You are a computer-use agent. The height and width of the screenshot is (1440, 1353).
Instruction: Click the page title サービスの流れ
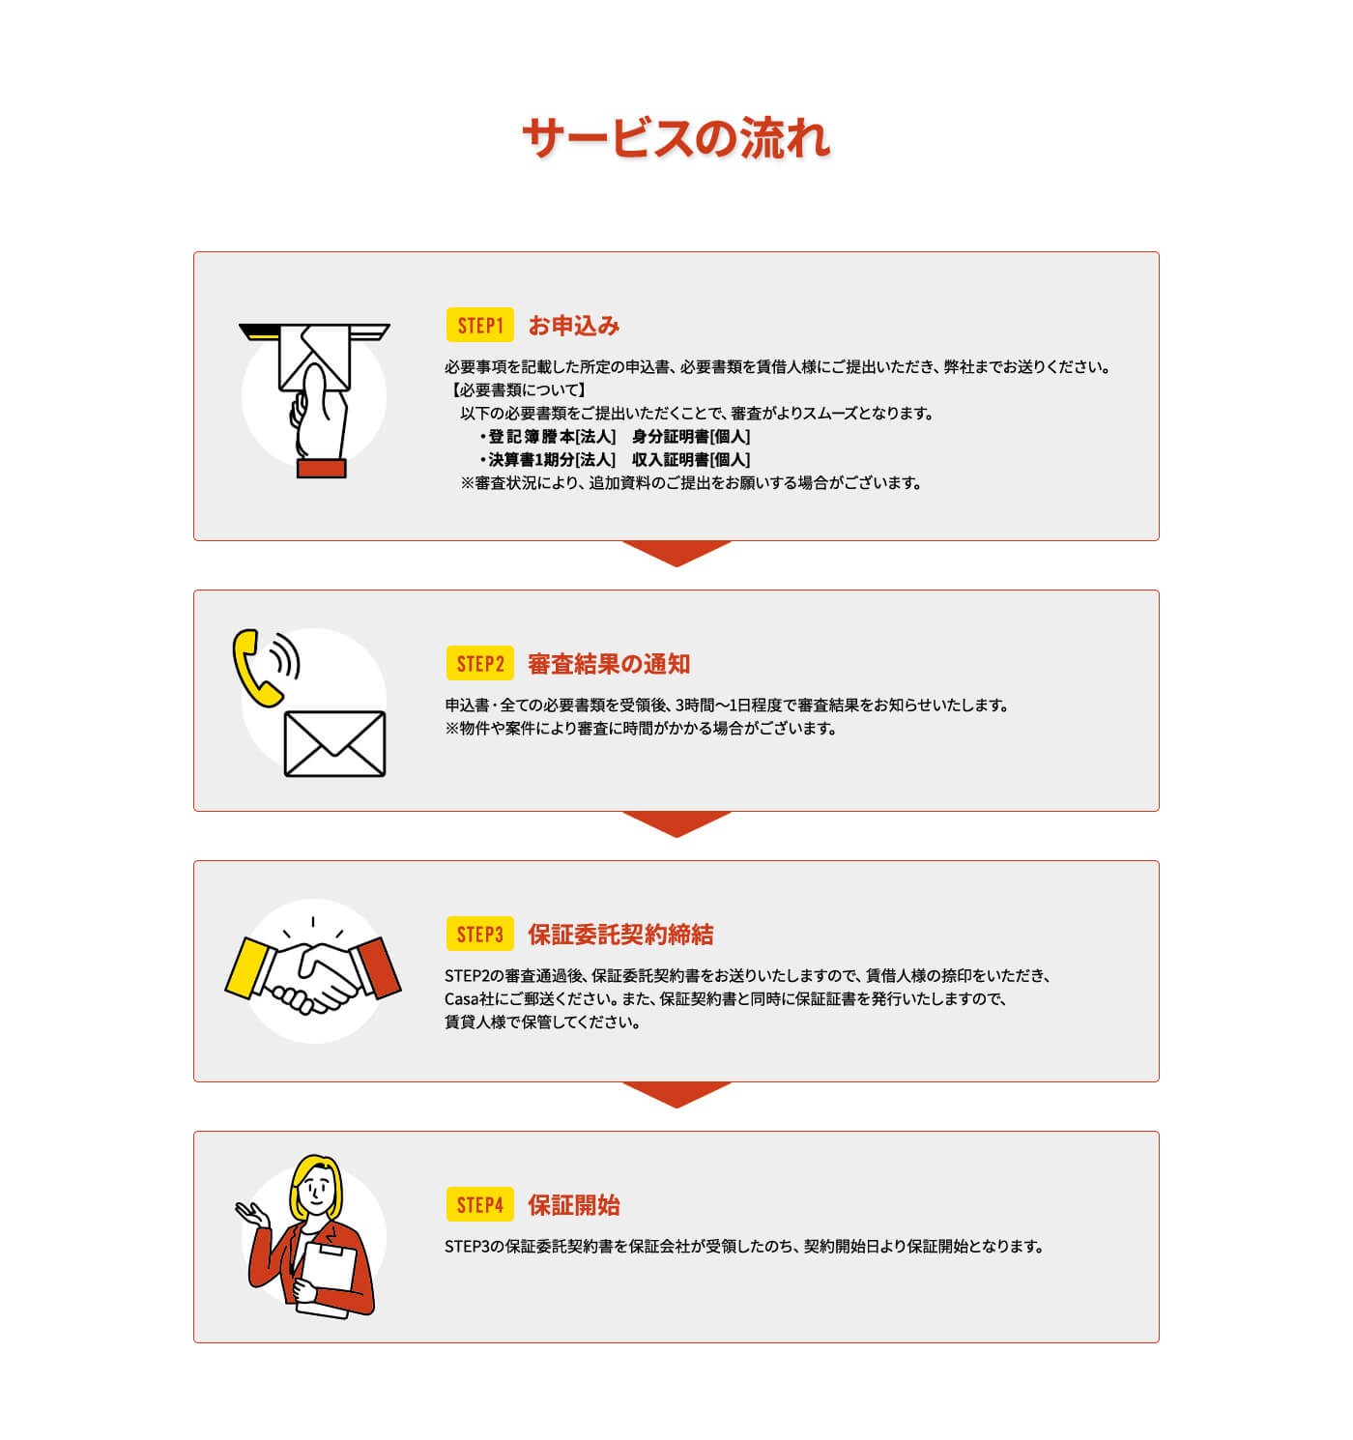[x=676, y=138]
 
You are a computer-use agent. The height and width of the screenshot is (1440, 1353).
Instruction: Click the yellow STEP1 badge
[x=479, y=326]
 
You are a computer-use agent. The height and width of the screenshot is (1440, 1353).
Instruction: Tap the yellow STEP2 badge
[x=479, y=664]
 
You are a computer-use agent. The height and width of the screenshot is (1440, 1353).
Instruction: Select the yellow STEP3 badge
[x=479, y=935]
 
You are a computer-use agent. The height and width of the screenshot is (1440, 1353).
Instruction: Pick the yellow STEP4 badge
[x=479, y=1205]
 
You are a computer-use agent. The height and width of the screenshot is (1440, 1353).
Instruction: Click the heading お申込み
[x=573, y=326]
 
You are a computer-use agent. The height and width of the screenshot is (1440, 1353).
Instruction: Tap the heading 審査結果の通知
[x=608, y=664]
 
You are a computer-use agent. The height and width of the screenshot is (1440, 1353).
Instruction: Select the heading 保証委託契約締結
[x=619, y=935]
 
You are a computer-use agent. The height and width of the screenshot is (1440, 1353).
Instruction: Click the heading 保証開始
[x=573, y=1205]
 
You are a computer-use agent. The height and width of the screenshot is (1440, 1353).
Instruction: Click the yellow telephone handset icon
[x=253, y=667]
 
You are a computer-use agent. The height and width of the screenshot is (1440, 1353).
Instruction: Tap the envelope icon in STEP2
[x=334, y=743]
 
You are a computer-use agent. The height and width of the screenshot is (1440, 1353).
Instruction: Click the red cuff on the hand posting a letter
[x=321, y=469]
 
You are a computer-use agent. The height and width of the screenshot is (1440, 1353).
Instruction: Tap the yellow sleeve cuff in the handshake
[x=247, y=967]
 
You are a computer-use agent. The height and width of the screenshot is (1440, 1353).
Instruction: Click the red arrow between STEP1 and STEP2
[x=676, y=553]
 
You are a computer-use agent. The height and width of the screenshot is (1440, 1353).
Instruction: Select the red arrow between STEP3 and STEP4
[x=676, y=1094]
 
